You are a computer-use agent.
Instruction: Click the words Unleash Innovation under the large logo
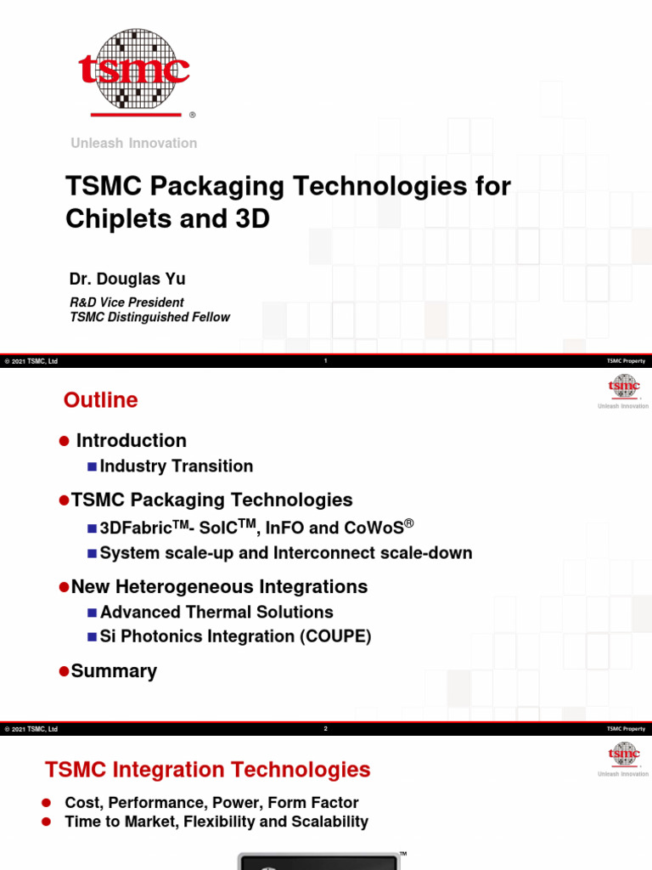134,144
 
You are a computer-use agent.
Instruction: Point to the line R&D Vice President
126,302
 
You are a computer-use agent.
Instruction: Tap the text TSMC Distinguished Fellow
149,318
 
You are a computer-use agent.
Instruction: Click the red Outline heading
101,400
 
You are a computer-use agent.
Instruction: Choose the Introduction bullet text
132,441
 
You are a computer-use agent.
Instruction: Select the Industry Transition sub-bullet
177,466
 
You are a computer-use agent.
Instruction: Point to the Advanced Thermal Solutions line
216,613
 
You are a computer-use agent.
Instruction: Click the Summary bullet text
115,671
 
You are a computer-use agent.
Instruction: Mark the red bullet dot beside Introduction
63,442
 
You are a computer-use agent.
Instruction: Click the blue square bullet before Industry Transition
92,467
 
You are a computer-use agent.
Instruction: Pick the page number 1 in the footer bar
326,361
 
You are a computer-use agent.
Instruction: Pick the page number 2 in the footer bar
326,729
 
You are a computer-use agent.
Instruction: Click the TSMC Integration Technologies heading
207,771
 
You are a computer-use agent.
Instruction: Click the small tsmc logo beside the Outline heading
623,388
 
